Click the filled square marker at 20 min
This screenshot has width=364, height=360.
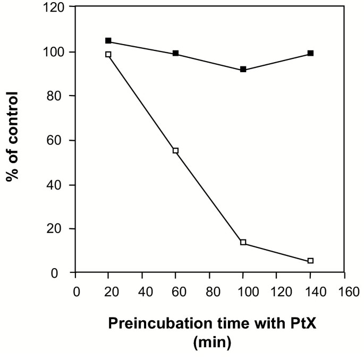click(x=108, y=41)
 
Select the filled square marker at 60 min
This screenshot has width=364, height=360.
click(x=176, y=54)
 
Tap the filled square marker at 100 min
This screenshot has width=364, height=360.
click(x=243, y=70)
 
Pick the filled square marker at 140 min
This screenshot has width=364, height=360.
click(x=311, y=53)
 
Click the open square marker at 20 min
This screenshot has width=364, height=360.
click(x=108, y=54)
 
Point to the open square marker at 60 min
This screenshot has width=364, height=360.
click(x=176, y=151)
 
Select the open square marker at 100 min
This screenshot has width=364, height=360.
click(x=243, y=242)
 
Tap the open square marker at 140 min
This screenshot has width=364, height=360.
click(x=311, y=261)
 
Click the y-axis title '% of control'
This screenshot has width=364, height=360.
click(x=13, y=136)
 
